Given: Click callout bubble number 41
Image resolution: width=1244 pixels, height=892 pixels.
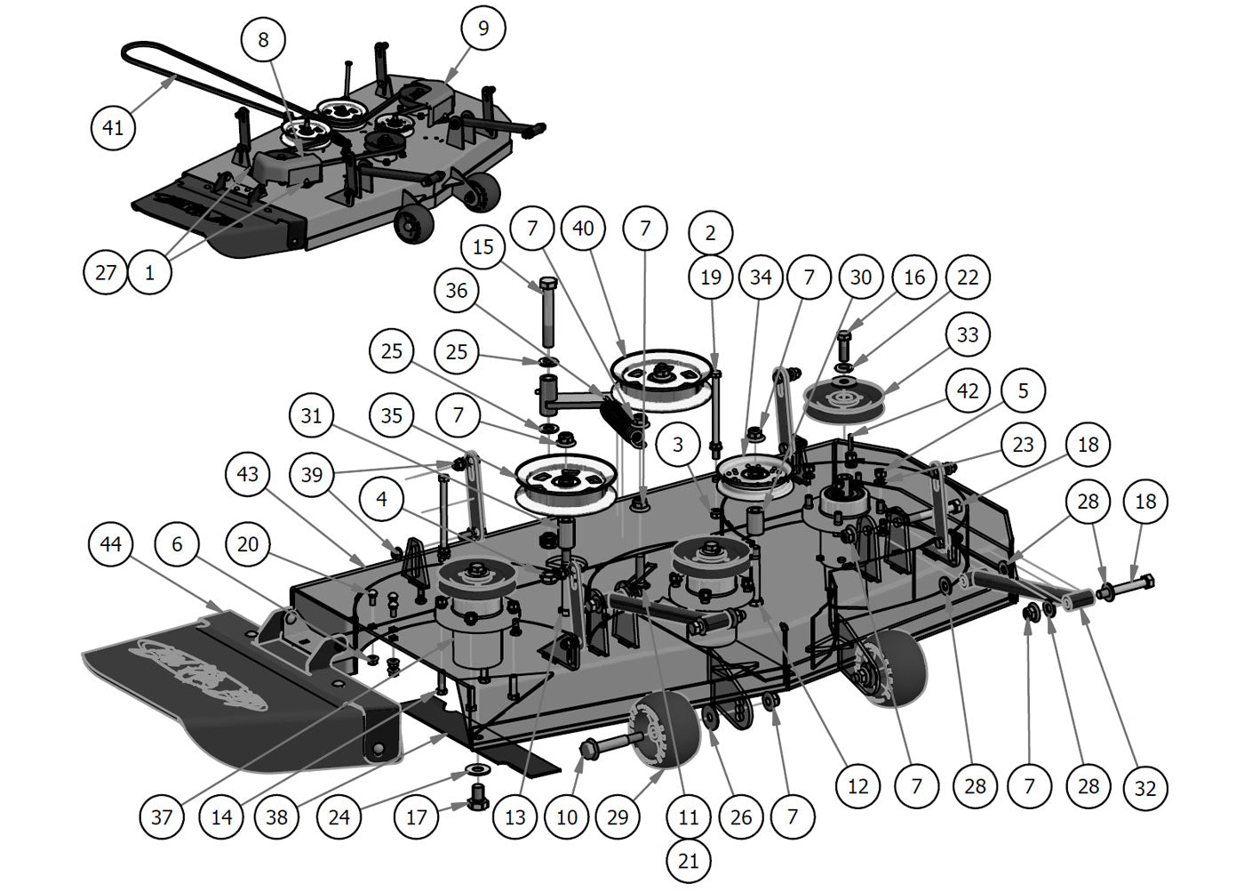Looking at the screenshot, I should click(x=113, y=127).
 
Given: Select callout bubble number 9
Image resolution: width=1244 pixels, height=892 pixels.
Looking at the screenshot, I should click(x=483, y=28).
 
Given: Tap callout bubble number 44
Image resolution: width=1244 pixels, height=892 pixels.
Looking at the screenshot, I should click(x=110, y=543).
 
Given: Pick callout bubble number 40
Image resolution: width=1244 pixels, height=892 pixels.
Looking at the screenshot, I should click(x=583, y=229).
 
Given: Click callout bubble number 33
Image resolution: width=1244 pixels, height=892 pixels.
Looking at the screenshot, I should click(x=968, y=334).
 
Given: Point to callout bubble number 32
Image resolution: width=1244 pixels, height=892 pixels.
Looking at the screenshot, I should click(x=1145, y=788).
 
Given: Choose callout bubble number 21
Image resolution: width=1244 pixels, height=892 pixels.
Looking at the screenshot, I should click(x=689, y=860).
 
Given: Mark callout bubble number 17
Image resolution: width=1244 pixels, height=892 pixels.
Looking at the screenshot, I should click(x=417, y=816).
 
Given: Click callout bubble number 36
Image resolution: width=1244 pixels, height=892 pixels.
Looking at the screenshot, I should click(x=457, y=291).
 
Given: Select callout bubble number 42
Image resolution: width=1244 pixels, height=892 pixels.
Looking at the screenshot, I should click(x=968, y=390).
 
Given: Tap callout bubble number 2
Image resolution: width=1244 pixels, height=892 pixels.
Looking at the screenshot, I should click(x=710, y=233).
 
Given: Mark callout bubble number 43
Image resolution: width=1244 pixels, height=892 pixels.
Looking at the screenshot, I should click(x=248, y=474).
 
